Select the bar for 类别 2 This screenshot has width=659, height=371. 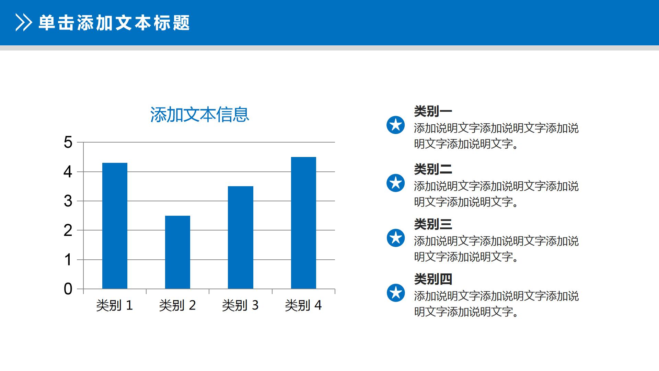[x=177, y=252]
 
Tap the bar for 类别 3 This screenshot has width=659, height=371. [x=240, y=237]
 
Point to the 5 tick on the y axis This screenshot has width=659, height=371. [x=68, y=142]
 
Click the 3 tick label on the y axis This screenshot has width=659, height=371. [x=68, y=201]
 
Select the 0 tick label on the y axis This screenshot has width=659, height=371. [x=68, y=289]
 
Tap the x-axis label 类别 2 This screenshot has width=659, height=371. [x=177, y=305]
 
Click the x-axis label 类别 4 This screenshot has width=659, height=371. [x=303, y=305]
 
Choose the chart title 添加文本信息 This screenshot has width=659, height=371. [x=199, y=115]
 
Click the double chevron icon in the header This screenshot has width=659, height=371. [x=24, y=23]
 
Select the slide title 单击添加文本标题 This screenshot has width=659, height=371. [x=114, y=23]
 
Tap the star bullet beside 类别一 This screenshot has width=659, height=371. [x=396, y=125]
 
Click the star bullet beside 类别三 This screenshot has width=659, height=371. [x=396, y=238]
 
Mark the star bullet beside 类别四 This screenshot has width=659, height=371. [x=396, y=293]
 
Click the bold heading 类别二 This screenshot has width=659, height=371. [x=433, y=169]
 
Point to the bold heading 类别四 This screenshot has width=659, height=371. [x=433, y=279]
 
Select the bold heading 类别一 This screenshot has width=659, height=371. [x=433, y=111]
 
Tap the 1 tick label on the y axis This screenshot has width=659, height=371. [x=68, y=260]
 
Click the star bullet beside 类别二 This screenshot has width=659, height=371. [x=396, y=183]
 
